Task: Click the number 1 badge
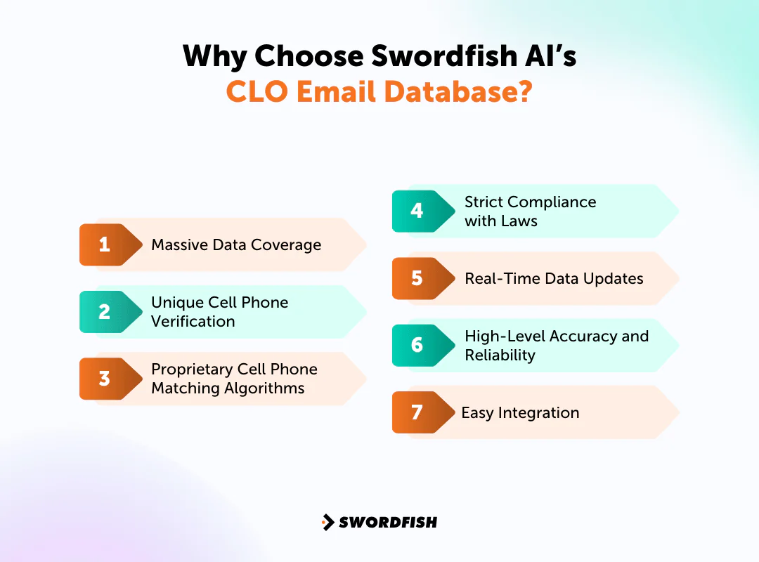coord(105,244)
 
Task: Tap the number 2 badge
coord(105,312)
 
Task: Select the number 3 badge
coord(105,379)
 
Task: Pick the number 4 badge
coord(417,211)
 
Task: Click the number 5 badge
coord(417,278)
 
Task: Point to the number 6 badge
coord(417,345)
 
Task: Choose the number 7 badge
coord(417,412)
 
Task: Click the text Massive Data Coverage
coord(236,245)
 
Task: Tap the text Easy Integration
coord(520,413)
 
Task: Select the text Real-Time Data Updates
coord(554,278)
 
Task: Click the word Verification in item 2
coord(193,322)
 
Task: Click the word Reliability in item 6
coord(500,355)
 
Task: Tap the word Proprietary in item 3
coord(190,370)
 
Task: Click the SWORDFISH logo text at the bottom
coord(388,522)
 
